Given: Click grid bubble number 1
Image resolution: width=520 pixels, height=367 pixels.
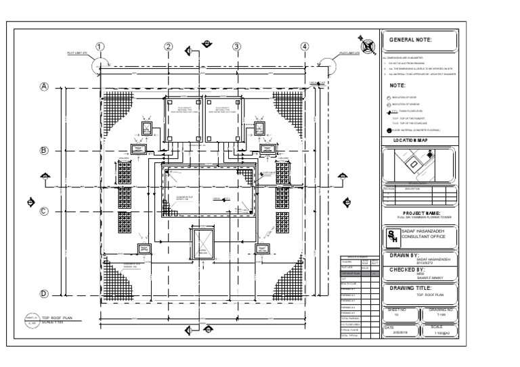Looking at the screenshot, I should click(x=100, y=47).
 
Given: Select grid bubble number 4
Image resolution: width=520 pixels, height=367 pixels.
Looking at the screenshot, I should click(x=305, y=47).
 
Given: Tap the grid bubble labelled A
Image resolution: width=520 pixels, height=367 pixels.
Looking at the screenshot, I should click(x=45, y=87).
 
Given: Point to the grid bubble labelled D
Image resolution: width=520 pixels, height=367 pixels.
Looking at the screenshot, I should click(x=45, y=294).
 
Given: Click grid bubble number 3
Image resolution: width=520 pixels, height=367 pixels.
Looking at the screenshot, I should click(x=237, y=47).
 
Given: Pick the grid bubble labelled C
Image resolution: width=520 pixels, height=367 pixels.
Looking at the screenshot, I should click(x=45, y=211).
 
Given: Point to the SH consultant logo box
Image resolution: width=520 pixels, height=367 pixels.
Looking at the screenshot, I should click(x=392, y=237).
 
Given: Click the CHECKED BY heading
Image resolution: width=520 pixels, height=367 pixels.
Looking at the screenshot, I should click(x=412, y=270).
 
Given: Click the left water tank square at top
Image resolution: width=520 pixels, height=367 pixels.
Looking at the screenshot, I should click(x=181, y=118).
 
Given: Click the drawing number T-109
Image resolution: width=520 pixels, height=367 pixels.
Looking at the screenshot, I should click(x=441, y=315).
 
